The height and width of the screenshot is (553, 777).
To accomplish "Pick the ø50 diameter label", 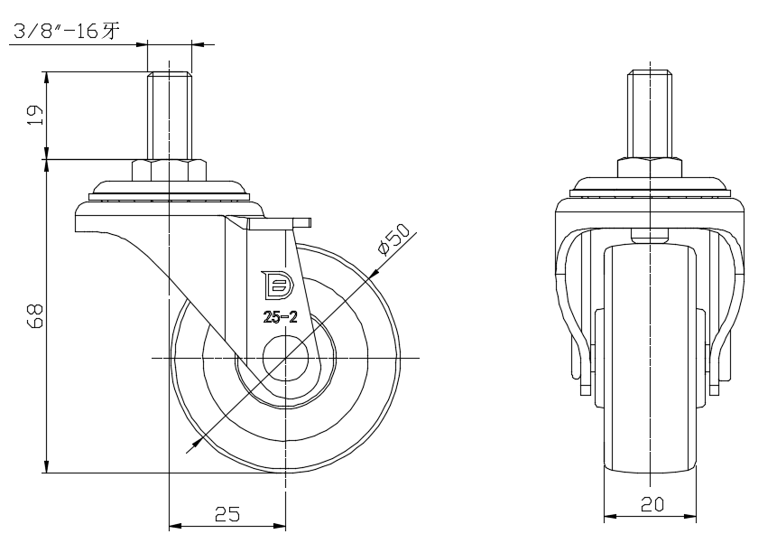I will pos(394,239).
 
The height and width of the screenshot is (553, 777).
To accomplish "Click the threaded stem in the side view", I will pos(169,116).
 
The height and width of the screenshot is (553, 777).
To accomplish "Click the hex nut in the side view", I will pos(169,171).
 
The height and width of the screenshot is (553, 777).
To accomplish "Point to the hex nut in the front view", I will pos(650,167).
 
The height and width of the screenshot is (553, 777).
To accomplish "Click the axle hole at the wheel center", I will pos(286,359).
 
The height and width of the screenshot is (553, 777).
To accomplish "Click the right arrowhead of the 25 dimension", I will pos(280,524).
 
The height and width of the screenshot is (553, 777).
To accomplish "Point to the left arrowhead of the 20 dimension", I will pos(609,517).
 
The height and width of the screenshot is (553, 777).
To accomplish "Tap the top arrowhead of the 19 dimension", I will pos(45,77).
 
